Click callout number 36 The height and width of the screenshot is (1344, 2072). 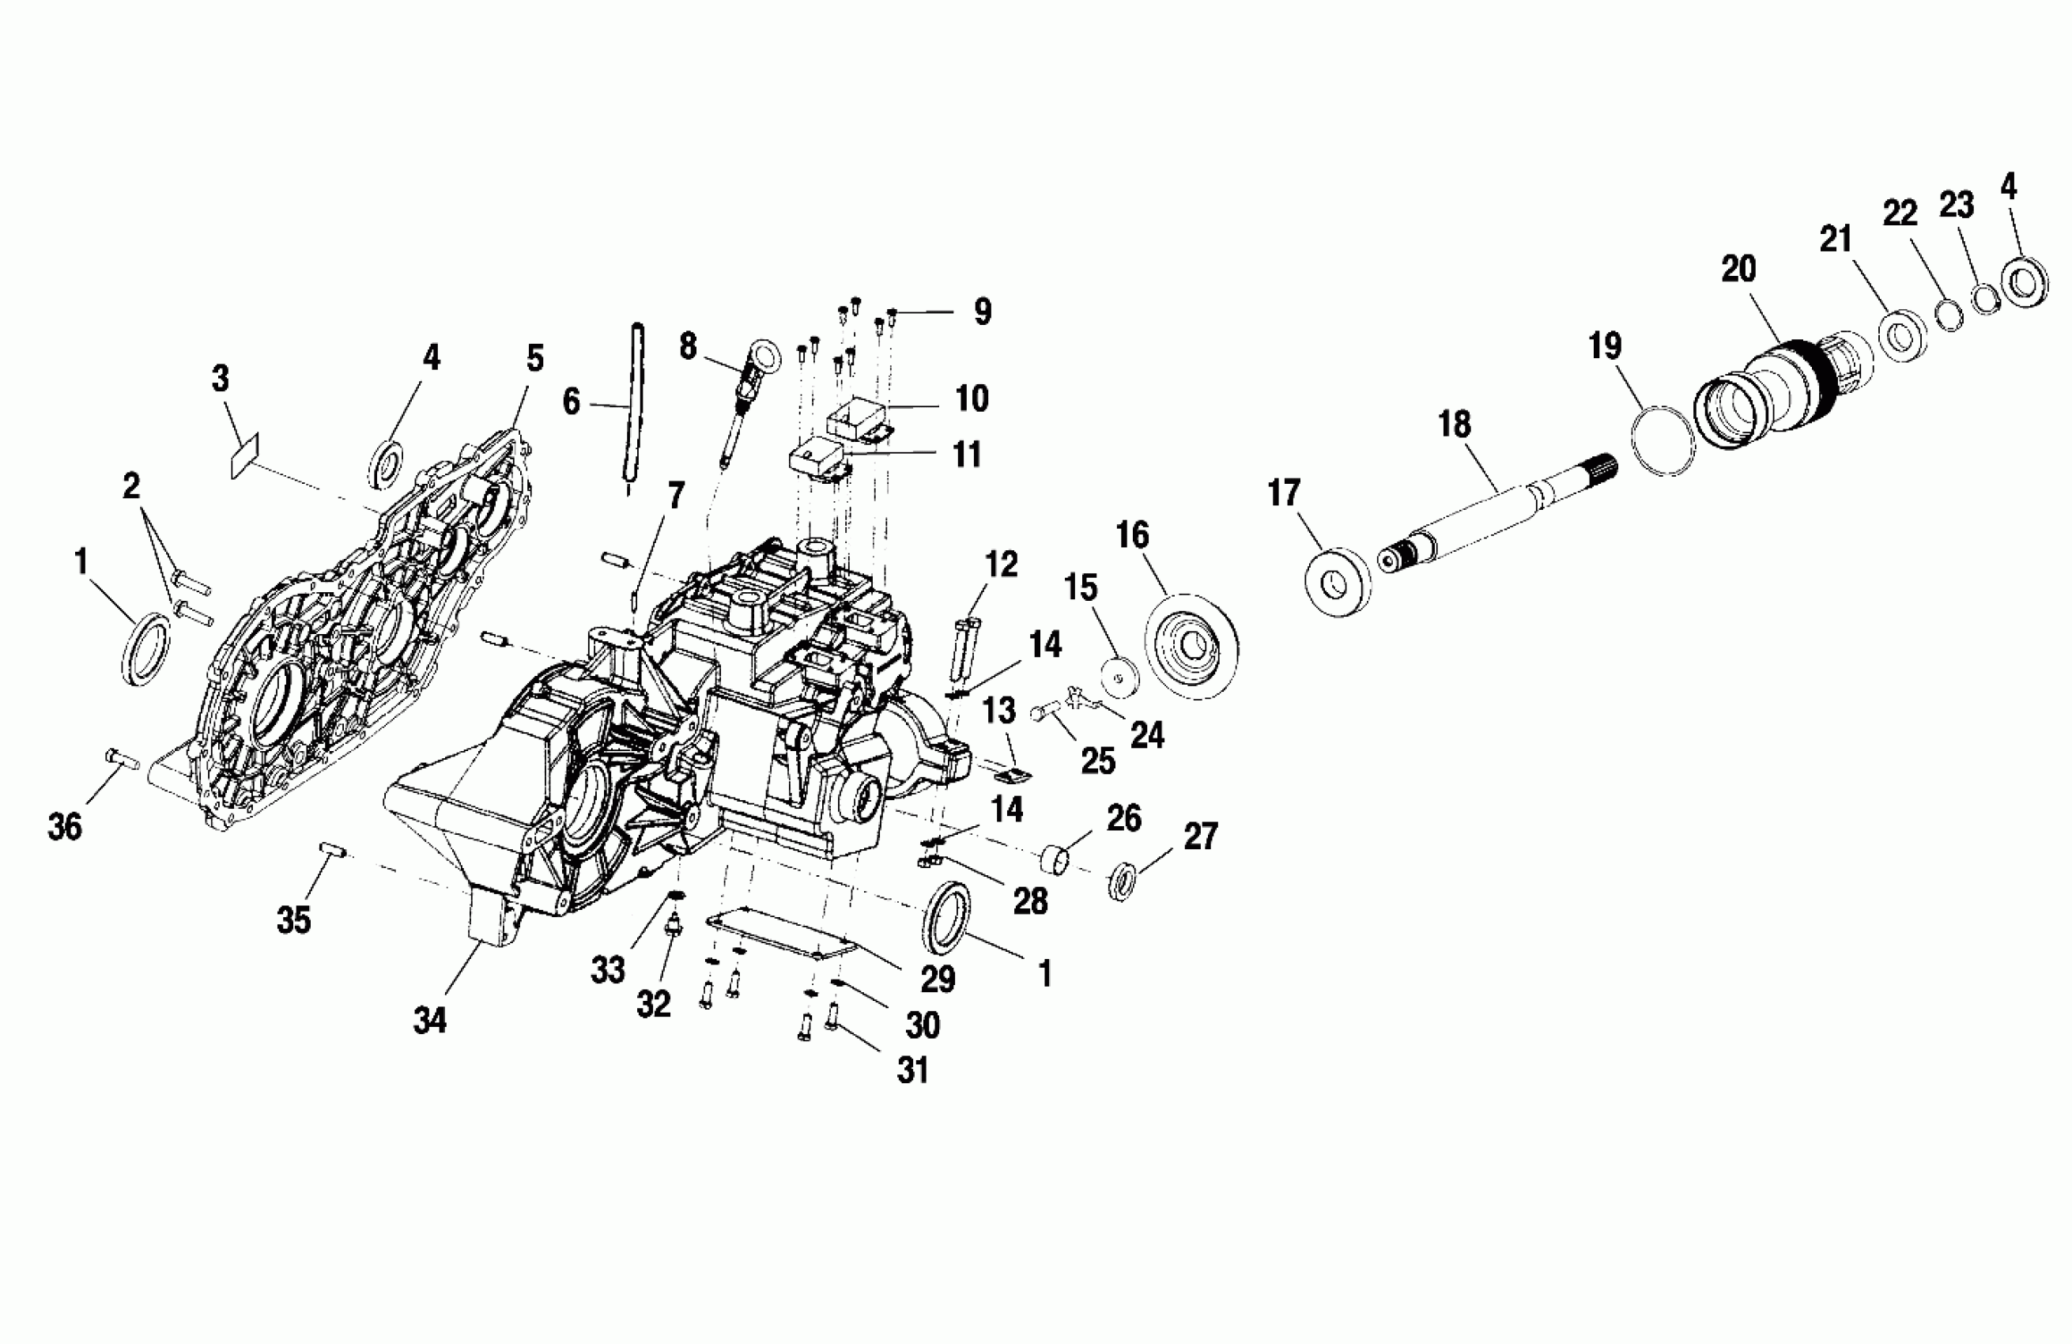[64, 826]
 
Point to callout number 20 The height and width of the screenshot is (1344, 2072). [1738, 269]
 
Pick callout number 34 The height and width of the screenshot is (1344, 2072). [429, 1019]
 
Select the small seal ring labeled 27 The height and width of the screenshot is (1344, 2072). [1123, 882]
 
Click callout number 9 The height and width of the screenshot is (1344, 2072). [982, 311]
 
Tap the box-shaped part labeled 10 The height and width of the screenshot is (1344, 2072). [862, 417]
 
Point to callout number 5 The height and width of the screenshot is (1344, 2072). [534, 358]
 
